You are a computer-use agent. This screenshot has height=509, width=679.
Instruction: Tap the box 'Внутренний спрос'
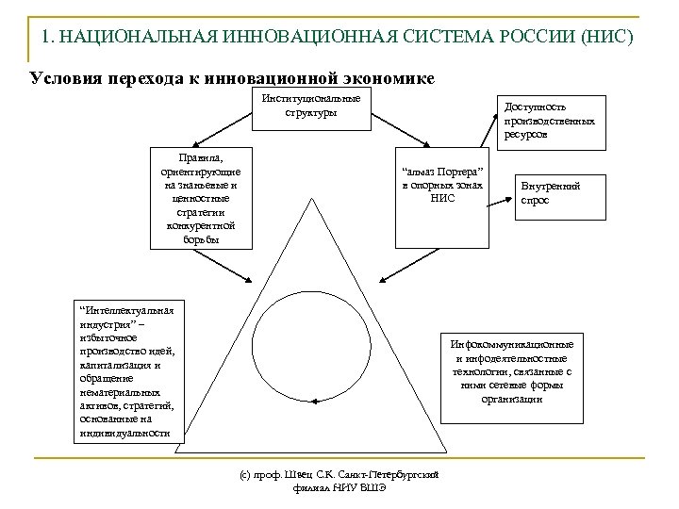(x=551, y=192)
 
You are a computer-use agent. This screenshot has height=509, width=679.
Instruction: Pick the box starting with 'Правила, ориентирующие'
(x=201, y=196)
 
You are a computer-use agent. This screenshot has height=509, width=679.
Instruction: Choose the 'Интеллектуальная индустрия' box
(x=126, y=371)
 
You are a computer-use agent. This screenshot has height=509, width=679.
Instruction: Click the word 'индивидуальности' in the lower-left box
(x=124, y=433)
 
